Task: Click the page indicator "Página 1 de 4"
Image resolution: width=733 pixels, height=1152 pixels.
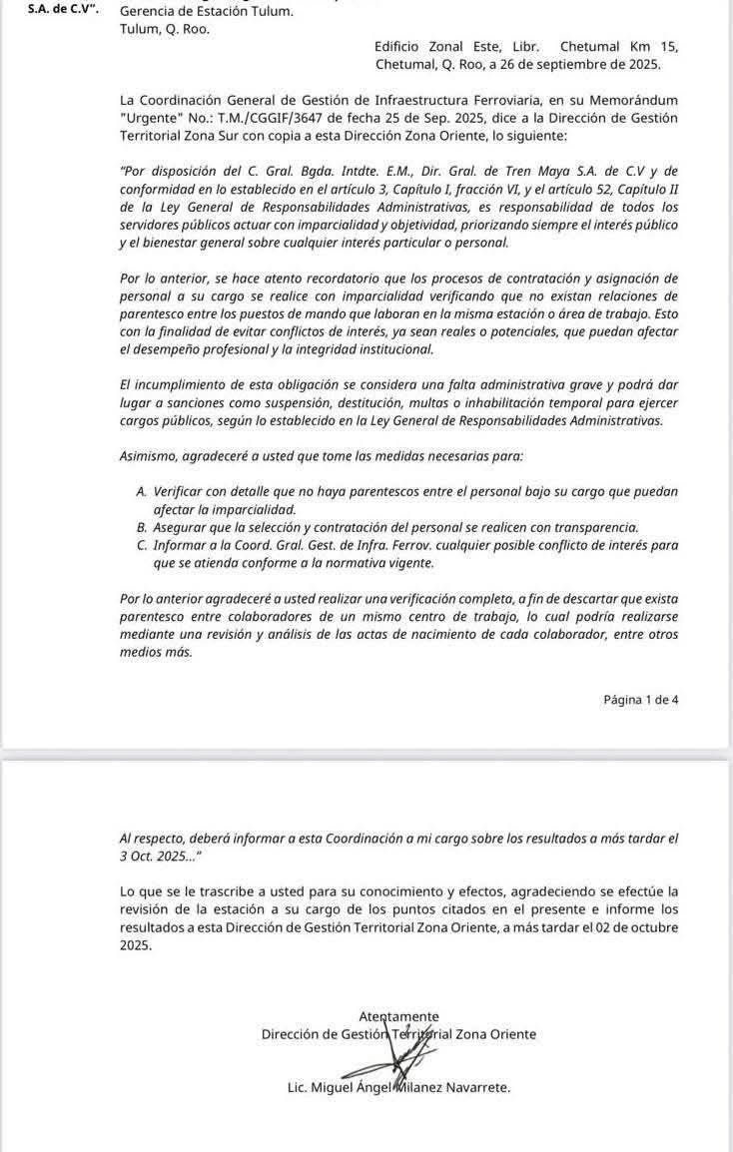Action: pyautogui.click(x=640, y=700)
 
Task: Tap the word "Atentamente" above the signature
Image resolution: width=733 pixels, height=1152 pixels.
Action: pyautogui.click(x=398, y=1016)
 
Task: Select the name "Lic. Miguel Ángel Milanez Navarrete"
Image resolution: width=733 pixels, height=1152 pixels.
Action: pyautogui.click(x=398, y=1087)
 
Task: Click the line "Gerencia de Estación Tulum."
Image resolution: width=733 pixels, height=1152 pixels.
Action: pyautogui.click(x=207, y=12)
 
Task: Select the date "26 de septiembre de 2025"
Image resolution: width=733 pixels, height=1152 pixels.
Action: pyautogui.click(x=585, y=64)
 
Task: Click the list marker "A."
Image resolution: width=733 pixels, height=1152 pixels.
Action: pyautogui.click(x=140, y=491)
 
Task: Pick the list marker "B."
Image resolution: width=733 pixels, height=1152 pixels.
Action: pyautogui.click(x=140, y=527)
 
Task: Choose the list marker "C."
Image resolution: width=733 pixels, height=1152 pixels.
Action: pyautogui.click(x=140, y=545)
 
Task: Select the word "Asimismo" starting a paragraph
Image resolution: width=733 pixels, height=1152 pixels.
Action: pyautogui.click(x=150, y=455)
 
